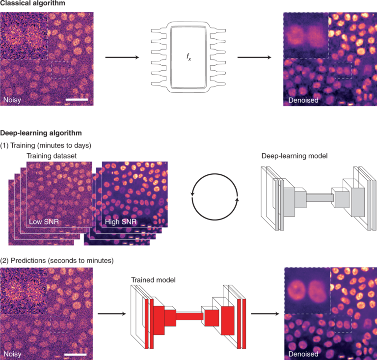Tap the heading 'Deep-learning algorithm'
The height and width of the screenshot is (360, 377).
(x=41, y=133)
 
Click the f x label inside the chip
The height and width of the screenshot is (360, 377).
(x=188, y=58)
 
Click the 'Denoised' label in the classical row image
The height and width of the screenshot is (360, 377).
(x=303, y=100)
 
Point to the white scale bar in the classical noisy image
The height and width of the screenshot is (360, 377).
(x=76, y=100)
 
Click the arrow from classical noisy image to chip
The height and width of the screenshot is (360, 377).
(x=122, y=58)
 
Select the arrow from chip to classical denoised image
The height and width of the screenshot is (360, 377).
(x=254, y=58)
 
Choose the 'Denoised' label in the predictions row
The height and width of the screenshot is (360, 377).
(x=303, y=354)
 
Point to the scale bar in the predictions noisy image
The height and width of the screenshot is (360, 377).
(x=75, y=354)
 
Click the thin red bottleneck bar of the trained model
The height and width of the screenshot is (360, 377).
(x=189, y=316)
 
